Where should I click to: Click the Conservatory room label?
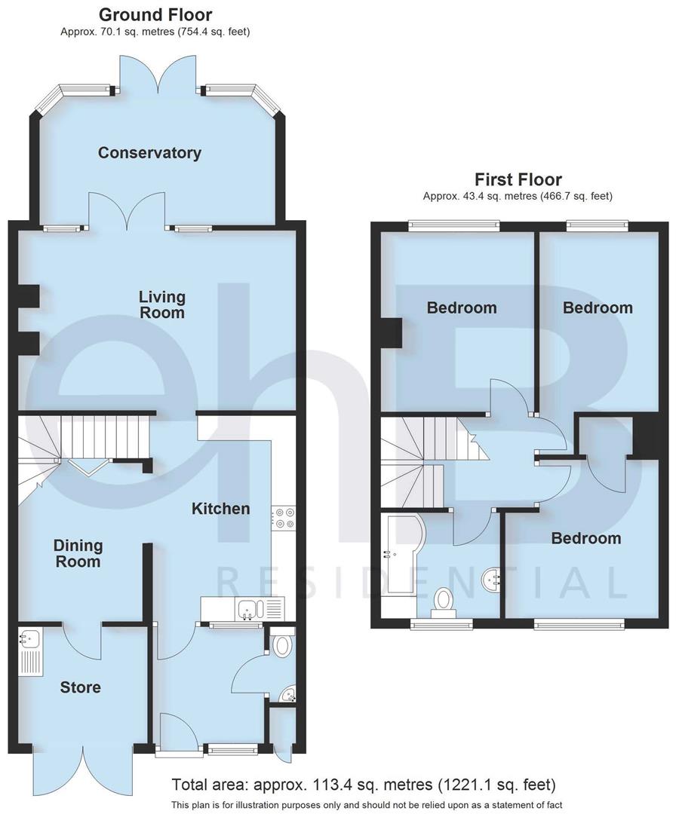[x=149, y=153]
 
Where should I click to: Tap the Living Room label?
[x=161, y=304]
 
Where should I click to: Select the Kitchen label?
[x=220, y=509]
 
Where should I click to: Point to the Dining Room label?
[x=78, y=553]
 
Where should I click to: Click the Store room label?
[x=81, y=687]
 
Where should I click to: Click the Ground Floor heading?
[x=155, y=14]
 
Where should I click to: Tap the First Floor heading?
[x=518, y=179]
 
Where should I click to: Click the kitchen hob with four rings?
[x=285, y=516]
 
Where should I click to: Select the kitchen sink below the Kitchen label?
[x=248, y=608]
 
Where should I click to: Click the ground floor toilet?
[x=283, y=645]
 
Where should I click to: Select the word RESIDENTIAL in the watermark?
[x=422, y=582]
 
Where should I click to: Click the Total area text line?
[x=364, y=784]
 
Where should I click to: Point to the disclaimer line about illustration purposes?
[x=367, y=804]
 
